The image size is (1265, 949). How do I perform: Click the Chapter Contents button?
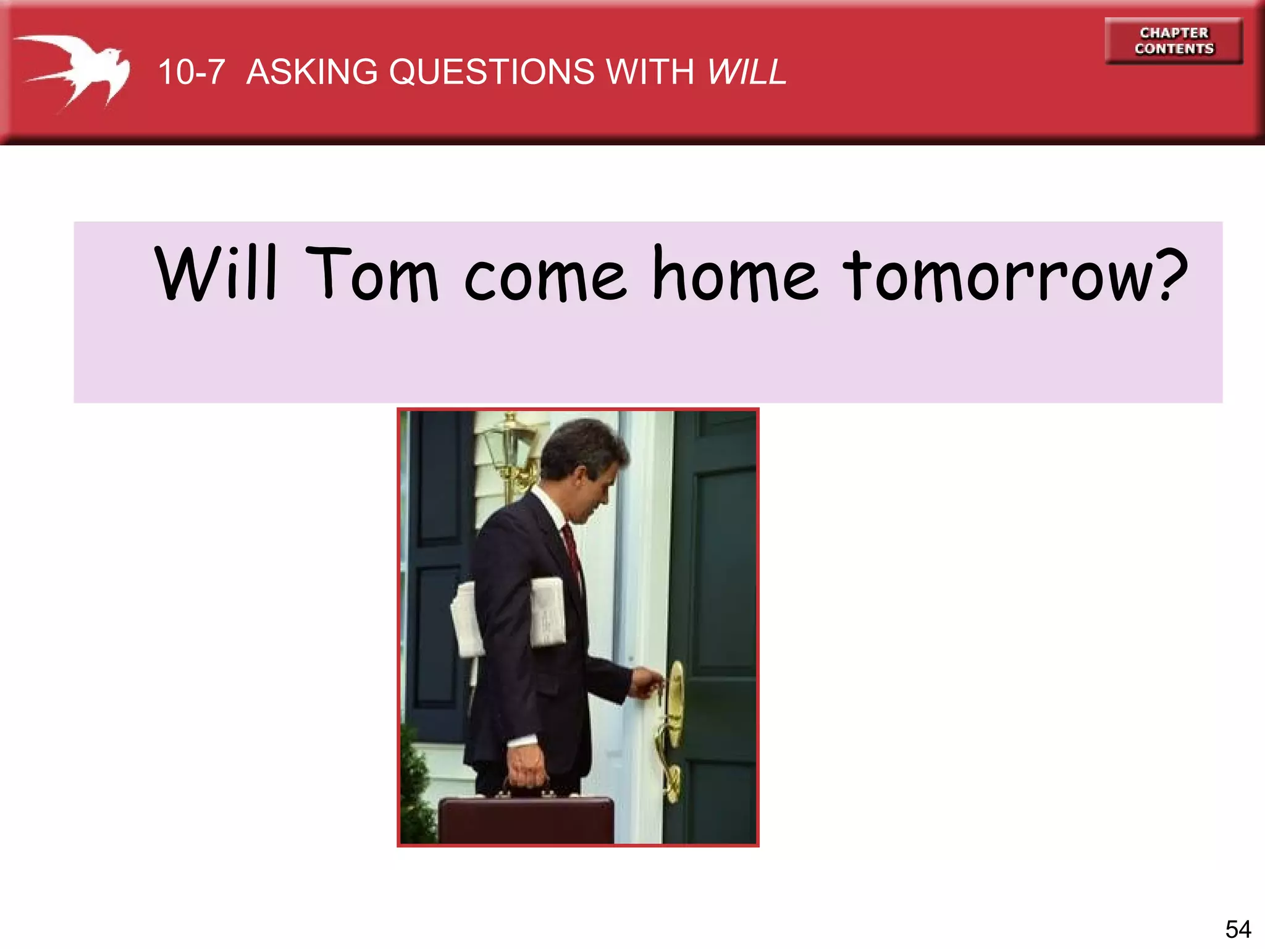point(1174,41)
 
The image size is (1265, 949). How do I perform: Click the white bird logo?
point(74,71)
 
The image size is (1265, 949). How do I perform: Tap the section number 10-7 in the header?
point(191,72)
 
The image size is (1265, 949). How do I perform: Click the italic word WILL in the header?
point(747,72)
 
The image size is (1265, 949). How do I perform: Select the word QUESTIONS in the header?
point(495,72)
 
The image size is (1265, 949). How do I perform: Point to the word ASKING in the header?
point(312,72)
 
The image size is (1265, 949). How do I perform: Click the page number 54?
point(1238,929)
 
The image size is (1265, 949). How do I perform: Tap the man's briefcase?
point(526,819)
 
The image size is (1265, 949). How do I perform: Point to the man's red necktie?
point(571,550)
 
